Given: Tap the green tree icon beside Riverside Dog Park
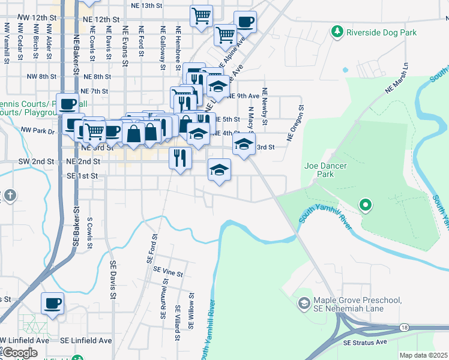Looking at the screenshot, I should (x=337, y=31).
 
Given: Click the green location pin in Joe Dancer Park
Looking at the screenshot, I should (x=365, y=206).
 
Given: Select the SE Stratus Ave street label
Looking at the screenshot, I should (x=366, y=342).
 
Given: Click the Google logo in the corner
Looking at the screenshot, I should (x=20, y=353).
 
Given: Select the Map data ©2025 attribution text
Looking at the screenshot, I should (x=423, y=355).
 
